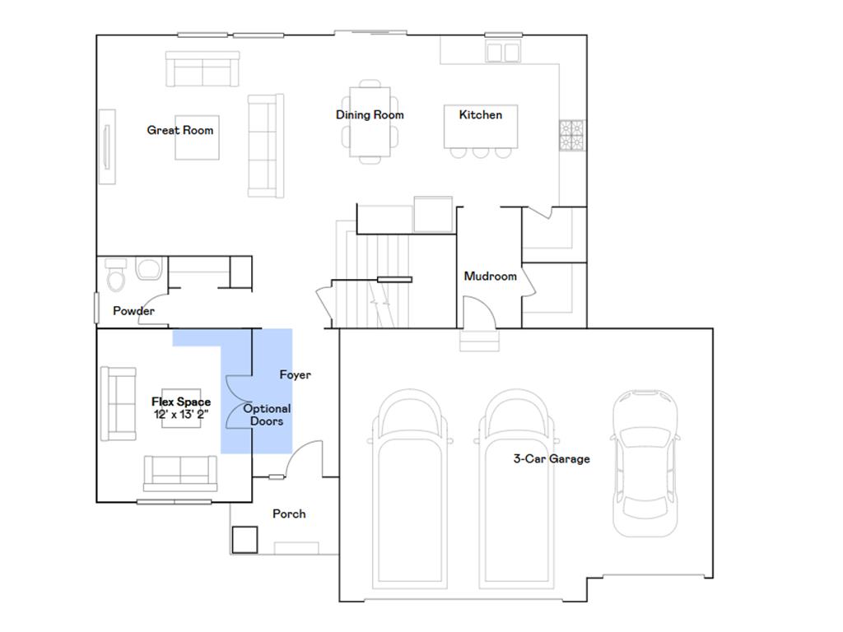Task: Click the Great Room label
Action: click(179, 130)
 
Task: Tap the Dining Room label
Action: click(370, 115)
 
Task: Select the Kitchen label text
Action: click(480, 115)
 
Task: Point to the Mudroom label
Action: click(490, 276)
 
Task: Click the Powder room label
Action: click(133, 311)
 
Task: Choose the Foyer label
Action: click(295, 375)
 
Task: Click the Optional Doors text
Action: click(267, 415)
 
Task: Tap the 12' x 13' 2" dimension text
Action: click(180, 415)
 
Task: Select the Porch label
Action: click(289, 513)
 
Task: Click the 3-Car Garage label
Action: click(552, 459)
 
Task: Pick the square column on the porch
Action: click(245, 540)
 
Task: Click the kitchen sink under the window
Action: click(503, 52)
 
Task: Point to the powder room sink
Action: click(149, 270)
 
